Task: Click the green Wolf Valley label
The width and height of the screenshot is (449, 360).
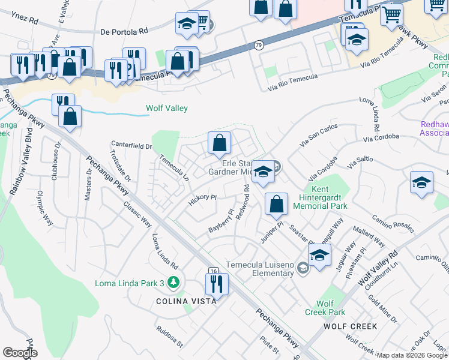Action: click(x=167, y=109)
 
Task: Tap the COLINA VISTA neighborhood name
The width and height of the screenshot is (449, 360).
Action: click(x=186, y=301)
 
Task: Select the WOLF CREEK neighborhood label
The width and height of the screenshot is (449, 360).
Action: click(x=350, y=326)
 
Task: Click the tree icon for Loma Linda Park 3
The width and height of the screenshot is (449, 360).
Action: click(x=173, y=281)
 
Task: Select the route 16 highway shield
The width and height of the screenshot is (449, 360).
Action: click(x=213, y=271)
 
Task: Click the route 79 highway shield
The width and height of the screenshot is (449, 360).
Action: click(x=258, y=45)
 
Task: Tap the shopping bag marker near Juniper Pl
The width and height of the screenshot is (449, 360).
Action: click(x=276, y=203)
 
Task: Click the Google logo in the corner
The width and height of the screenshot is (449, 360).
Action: click(x=20, y=353)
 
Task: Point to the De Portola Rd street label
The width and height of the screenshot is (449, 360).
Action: click(x=124, y=31)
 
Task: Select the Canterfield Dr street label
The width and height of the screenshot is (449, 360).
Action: click(x=131, y=145)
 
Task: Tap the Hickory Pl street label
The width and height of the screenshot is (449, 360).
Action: click(x=202, y=197)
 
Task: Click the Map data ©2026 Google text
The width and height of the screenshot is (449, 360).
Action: click(x=412, y=355)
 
